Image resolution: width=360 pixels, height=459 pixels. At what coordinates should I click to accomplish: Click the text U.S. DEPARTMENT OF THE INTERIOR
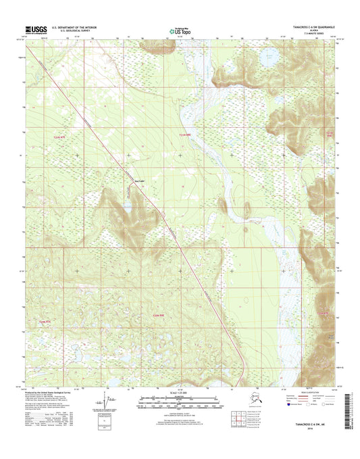(x=71, y=27)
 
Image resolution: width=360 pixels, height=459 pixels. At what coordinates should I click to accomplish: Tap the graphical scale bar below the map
(x=179, y=400)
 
